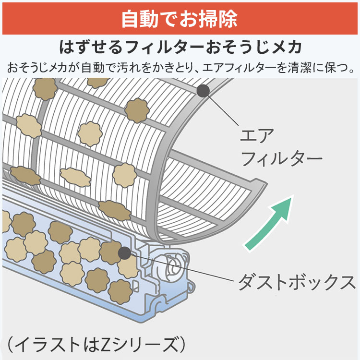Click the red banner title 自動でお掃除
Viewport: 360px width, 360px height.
180,19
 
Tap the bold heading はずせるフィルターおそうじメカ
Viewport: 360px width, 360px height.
180,47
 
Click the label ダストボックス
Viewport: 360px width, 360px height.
297,282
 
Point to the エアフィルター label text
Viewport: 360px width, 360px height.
281,147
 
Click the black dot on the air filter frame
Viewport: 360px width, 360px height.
203,91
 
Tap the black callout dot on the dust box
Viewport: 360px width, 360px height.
124,253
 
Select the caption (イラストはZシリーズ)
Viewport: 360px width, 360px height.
96,345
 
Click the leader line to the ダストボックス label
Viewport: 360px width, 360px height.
181,267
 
